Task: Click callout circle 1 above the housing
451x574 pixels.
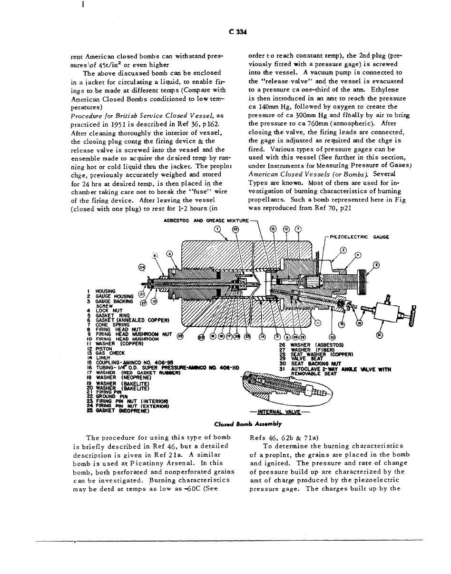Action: coord(217,229)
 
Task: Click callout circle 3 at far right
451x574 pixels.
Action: coord(376,264)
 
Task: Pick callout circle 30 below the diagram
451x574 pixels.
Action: coord(332,337)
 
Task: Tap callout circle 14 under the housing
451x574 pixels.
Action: coord(262,337)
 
